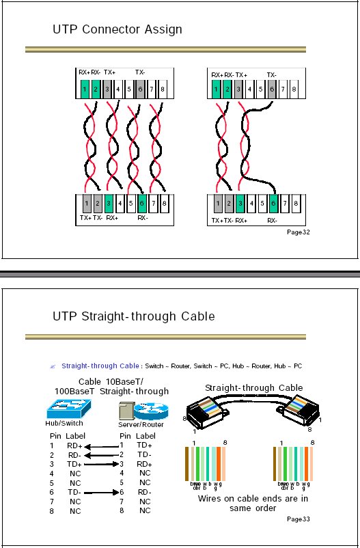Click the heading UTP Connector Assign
117,30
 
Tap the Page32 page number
299,232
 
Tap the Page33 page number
299,519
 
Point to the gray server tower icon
125,411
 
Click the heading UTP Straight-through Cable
133,316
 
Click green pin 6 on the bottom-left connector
141,203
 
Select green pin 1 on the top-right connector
216,89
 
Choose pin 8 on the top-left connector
163,89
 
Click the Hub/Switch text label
64,424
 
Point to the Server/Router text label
141,424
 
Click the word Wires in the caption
210,498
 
